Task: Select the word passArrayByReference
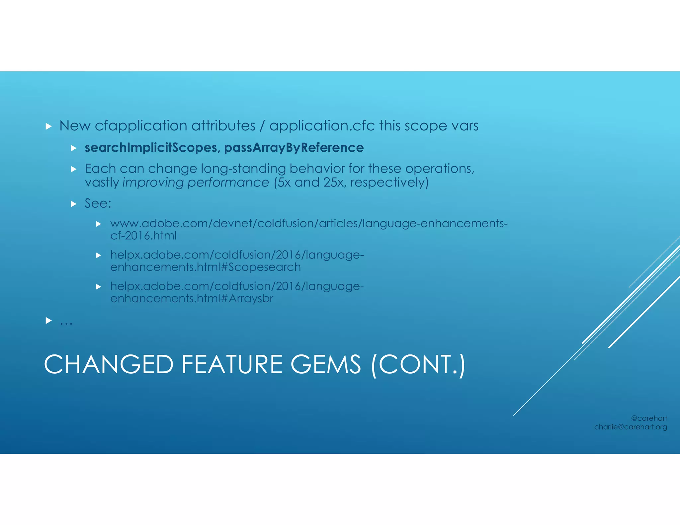[294, 148]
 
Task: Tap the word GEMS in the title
[325, 364]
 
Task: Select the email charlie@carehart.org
[630, 427]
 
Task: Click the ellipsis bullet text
[66, 321]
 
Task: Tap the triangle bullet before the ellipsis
[48, 321]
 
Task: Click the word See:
[98, 203]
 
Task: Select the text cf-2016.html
[143, 236]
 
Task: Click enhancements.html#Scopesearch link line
[205, 267]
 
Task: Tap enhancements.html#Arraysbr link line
[192, 299]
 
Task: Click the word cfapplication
[141, 126]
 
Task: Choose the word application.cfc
[322, 126]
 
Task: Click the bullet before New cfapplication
[48, 126]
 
